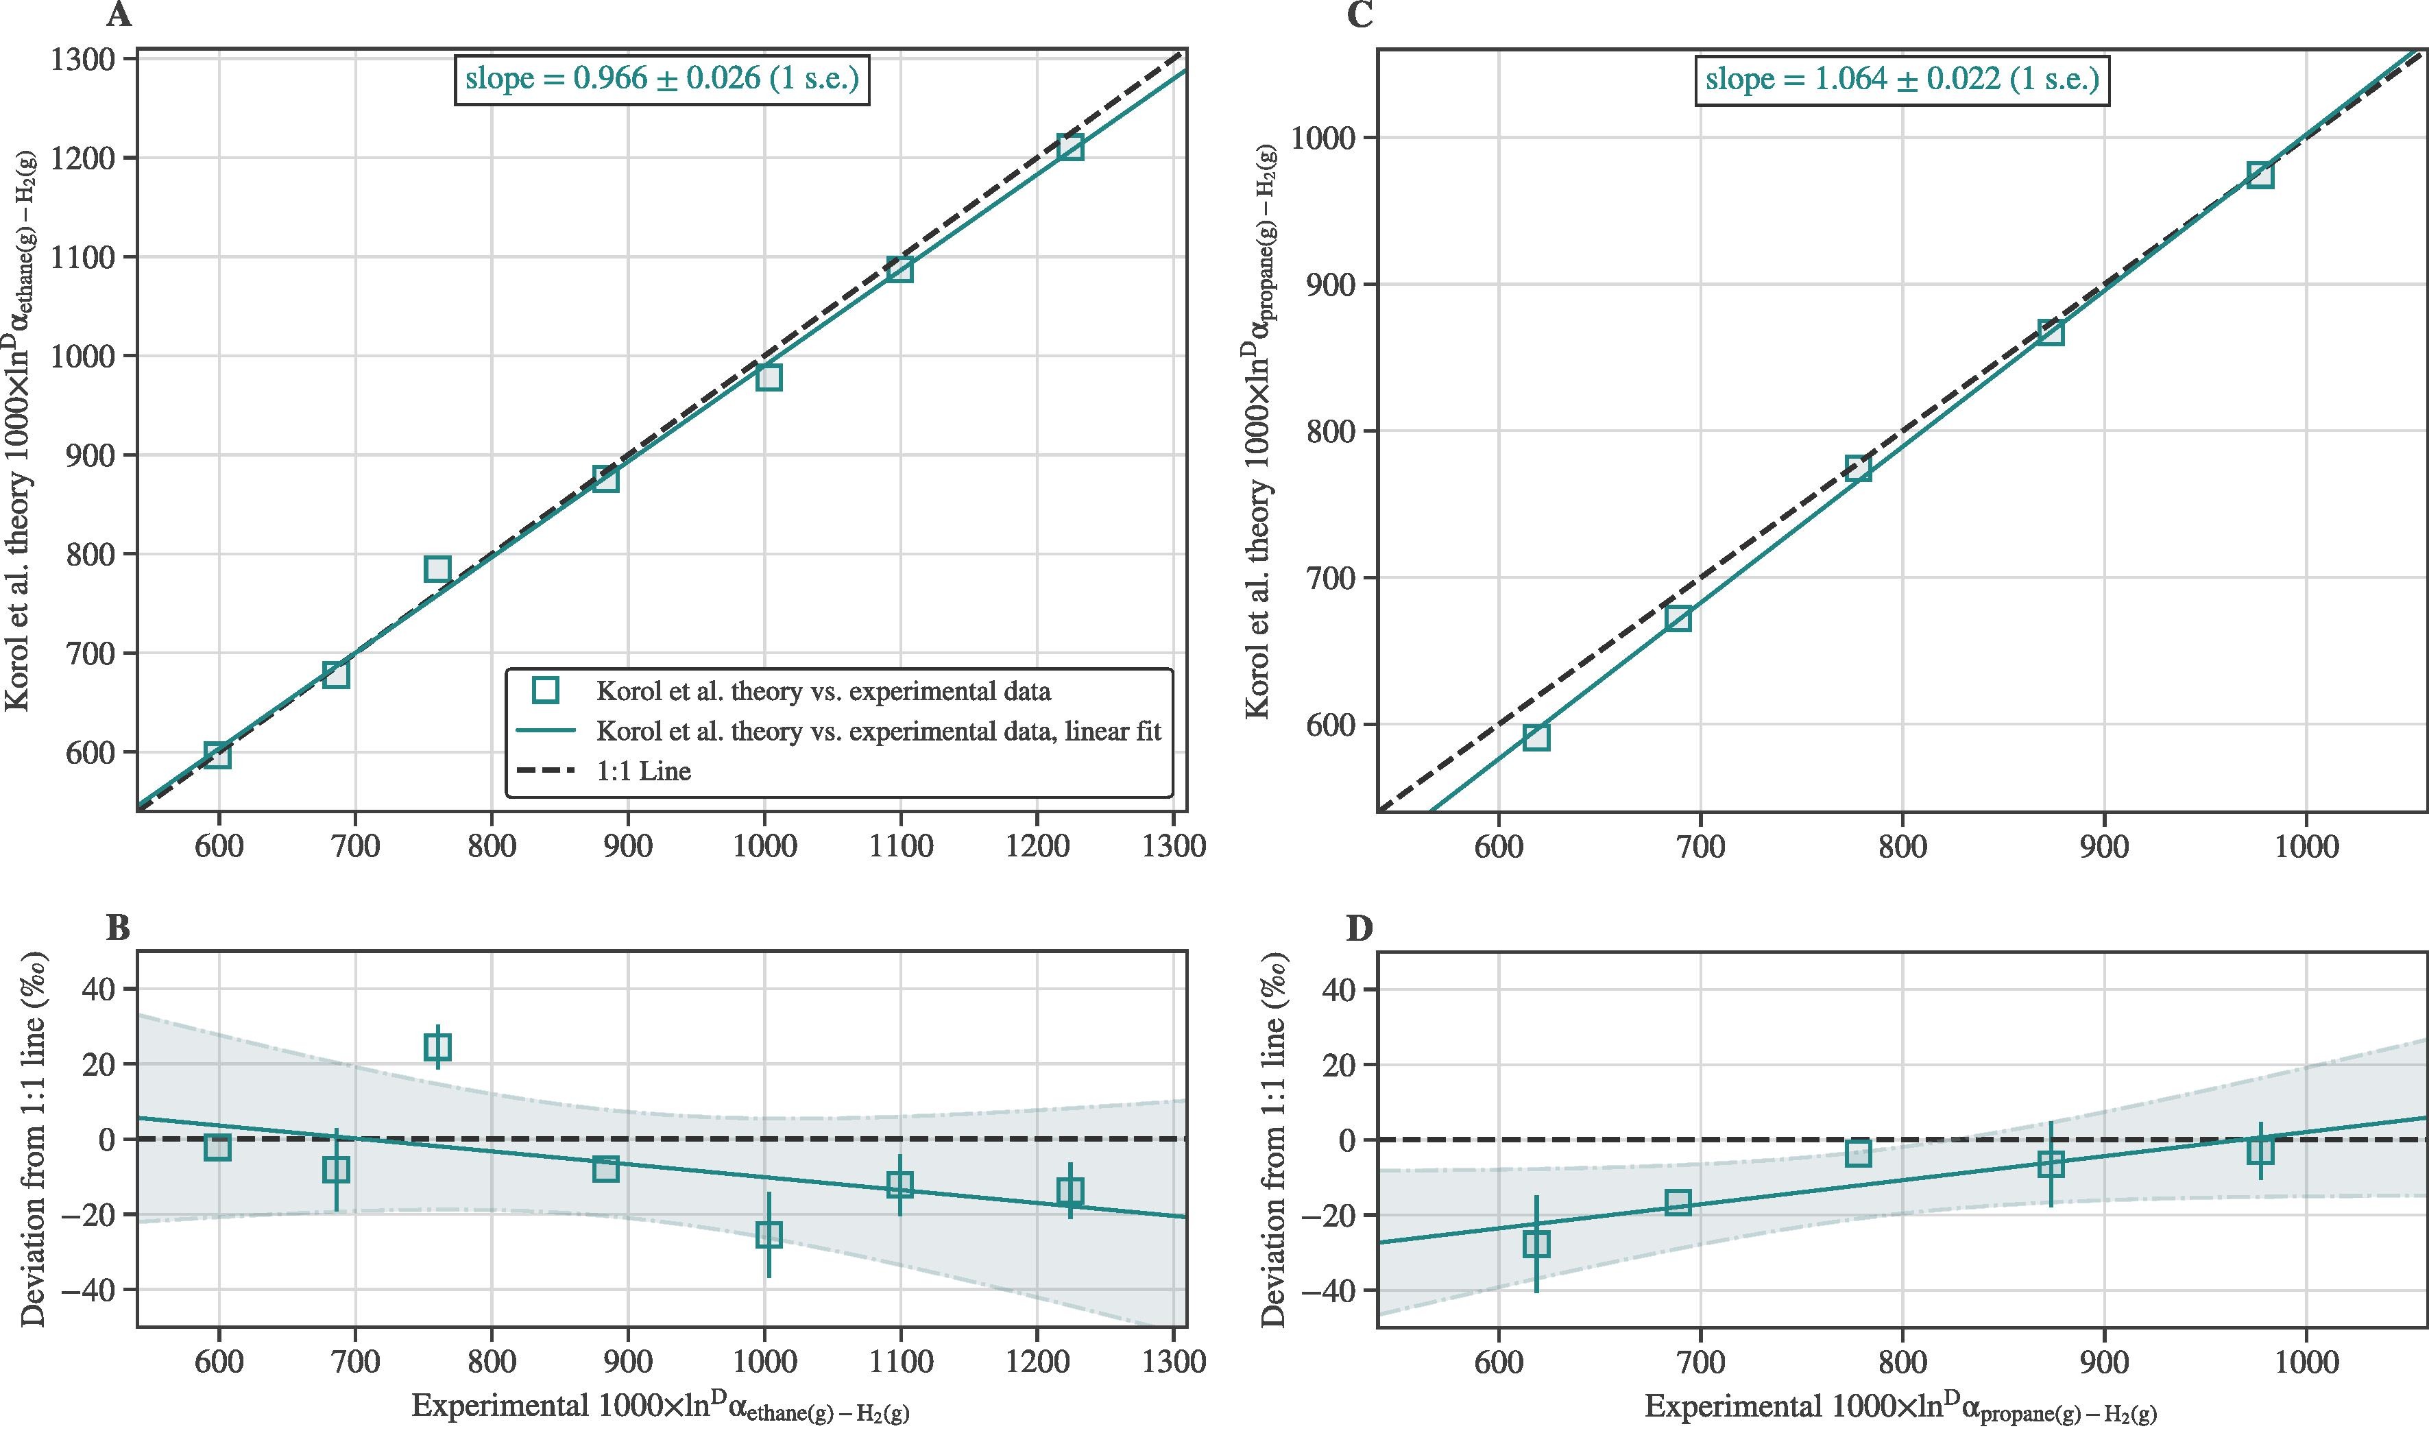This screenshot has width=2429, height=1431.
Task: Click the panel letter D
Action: point(1359,928)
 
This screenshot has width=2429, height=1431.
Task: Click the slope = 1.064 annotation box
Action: point(1902,79)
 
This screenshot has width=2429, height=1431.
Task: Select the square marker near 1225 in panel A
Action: point(1070,147)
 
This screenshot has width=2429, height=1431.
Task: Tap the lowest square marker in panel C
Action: point(1536,736)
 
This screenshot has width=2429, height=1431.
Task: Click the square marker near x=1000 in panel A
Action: point(769,377)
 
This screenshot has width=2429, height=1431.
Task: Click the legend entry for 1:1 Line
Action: point(643,771)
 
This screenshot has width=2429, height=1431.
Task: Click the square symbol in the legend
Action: point(546,690)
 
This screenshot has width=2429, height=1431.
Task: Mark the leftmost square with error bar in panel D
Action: point(1536,1244)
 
